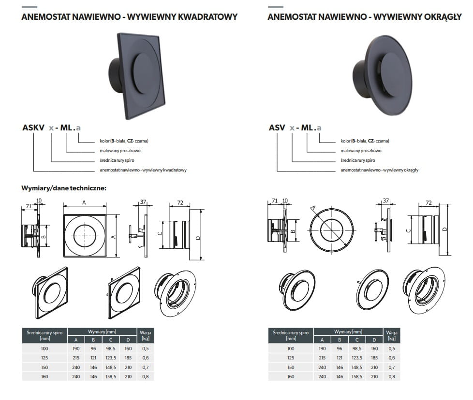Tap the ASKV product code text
coord(32,128)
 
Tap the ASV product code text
coord(277,128)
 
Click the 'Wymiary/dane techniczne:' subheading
coord(64,188)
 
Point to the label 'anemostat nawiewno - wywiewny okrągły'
coord(379,170)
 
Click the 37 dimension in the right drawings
coord(385,200)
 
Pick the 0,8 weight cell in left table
coord(145,376)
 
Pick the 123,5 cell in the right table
coord(357,358)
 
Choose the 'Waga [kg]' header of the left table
coord(145,335)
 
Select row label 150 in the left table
coord(44,367)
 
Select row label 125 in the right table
coord(290,358)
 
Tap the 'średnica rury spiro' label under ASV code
coord(357,160)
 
